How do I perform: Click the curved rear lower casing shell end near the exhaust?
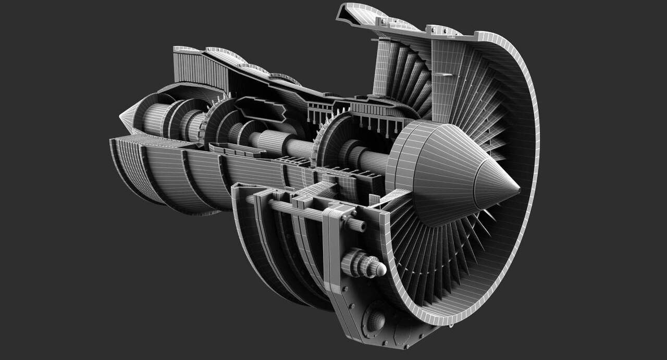[x=125, y=167]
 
